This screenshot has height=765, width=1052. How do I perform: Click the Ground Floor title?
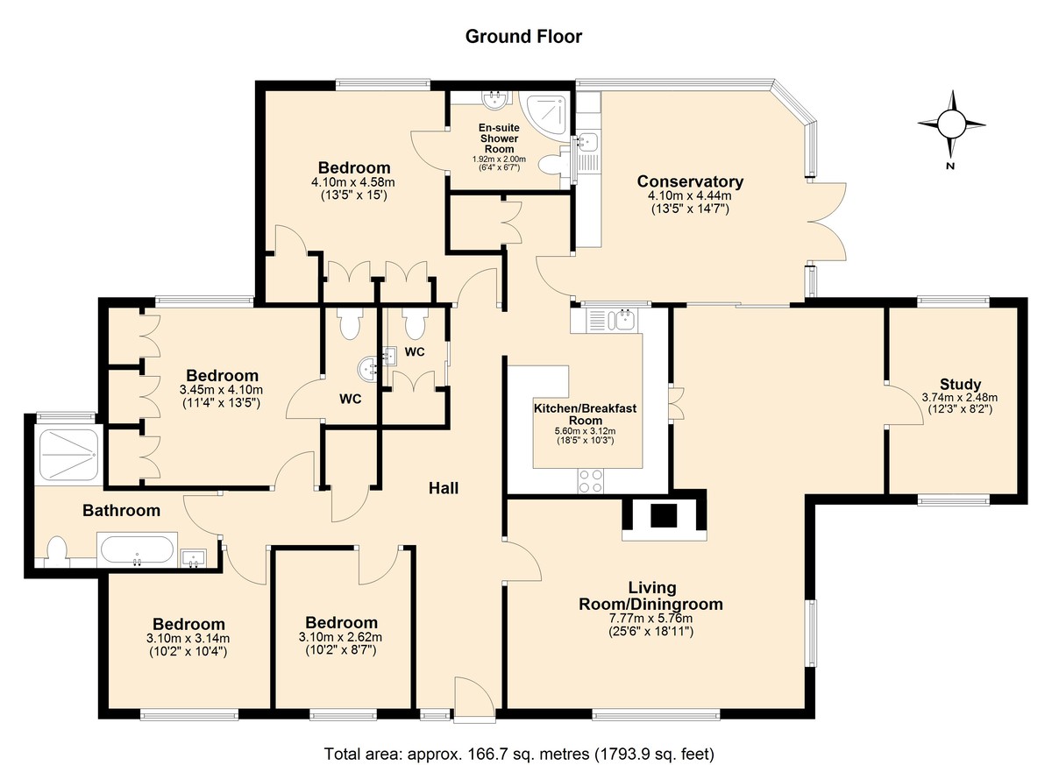point(523,37)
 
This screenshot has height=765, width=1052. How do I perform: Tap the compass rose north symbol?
point(951,124)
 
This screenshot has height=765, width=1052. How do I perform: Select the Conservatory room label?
point(690,181)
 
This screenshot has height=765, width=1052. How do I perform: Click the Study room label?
point(960,385)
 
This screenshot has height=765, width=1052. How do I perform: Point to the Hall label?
point(444,489)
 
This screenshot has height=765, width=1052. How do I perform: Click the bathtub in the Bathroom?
point(137,550)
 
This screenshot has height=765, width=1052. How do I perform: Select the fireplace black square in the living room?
point(665,515)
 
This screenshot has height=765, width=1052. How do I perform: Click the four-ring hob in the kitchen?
point(591,481)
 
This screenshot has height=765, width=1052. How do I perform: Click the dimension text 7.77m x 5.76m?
point(650,619)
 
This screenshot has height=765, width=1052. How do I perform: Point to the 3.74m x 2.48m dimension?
point(960,398)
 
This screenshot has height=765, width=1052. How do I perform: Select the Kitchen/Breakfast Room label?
point(586,414)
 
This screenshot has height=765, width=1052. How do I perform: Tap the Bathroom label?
point(121,510)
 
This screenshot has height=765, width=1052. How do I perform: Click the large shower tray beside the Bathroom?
point(68,456)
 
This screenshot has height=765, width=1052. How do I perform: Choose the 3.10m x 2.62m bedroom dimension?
point(340,637)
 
